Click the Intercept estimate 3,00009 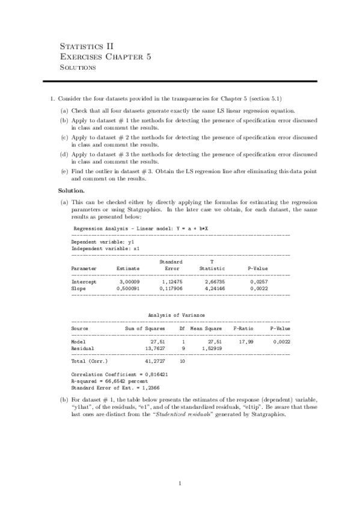(x=129, y=281)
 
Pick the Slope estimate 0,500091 (x=127, y=289)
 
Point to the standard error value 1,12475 (x=172, y=281)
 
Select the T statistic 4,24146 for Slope (x=214, y=289)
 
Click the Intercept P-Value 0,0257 (x=259, y=281)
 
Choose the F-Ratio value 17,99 (x=245, y=341)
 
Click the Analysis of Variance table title (x=176, y=315)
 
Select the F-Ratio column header (x=243, y=329)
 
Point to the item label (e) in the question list (x=64, y=171)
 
